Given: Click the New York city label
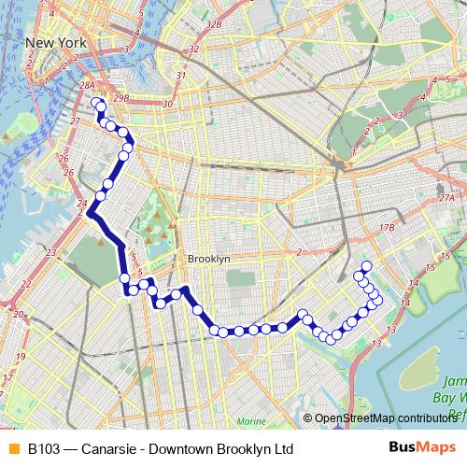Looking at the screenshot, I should click(x=56, y=43).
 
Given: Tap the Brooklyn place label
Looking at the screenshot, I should click(x=208, y=259).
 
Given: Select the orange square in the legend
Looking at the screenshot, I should click(x=12, y=449).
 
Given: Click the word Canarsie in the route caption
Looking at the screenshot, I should click(x=109, y=449).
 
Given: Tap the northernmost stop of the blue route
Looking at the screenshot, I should click(x=97, y=102).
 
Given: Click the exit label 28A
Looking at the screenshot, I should click(x=87, y=86).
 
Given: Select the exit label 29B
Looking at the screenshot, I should click(x=119, y=96).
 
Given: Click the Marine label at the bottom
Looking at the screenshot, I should click(x=250, y=421).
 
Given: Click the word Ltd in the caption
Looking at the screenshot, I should click(x=283, y=449).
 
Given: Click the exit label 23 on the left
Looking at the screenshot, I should click(x=50, y=252).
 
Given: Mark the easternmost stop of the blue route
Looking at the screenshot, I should click(x=378, y=302).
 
